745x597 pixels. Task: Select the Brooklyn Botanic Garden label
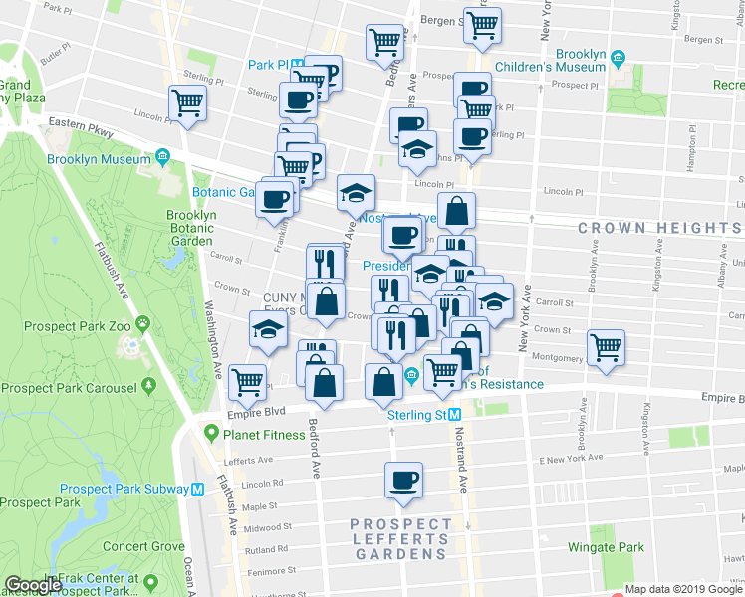(190, 228)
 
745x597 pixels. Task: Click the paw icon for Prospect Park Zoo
(143, 323)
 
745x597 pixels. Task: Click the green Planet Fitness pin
(210, 434)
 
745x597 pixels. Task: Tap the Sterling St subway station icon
(454, 414)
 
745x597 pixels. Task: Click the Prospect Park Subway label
(124, 488)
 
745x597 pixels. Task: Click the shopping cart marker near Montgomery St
(606, 348)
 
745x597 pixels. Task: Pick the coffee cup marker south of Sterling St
(404, 482)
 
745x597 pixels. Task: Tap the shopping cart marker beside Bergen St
(482, 26)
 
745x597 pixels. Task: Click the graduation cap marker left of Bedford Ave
(266, 328)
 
